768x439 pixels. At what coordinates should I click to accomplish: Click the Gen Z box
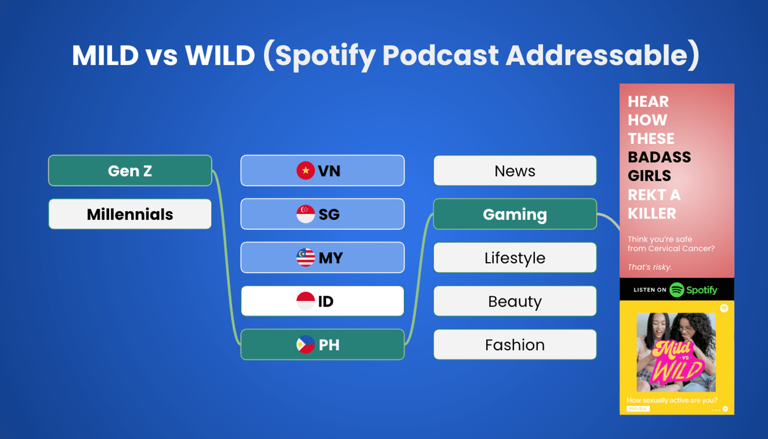tap(130, 171)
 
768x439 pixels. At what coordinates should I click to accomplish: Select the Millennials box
tap(130, 214)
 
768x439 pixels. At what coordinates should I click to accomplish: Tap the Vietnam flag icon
tap(306, 171)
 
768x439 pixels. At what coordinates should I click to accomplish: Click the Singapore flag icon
tap(306, 214)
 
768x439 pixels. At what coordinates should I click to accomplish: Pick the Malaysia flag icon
tap(306, 257)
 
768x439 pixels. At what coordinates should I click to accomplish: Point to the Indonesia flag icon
tap(306, 301)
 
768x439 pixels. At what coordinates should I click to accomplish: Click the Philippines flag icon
tap(306, 344)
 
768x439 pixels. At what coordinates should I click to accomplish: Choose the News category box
tap(515, 171)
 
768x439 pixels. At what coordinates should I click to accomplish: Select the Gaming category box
tap(515, 214)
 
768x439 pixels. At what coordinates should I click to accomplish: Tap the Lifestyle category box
tap(515, 257)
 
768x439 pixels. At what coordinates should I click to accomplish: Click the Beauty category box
tap(515, 301)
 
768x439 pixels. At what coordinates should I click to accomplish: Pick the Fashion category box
tap(515, 344)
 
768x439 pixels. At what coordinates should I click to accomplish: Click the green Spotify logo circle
tap(677, 290)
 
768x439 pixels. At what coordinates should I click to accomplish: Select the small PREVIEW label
tap(638, 409)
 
